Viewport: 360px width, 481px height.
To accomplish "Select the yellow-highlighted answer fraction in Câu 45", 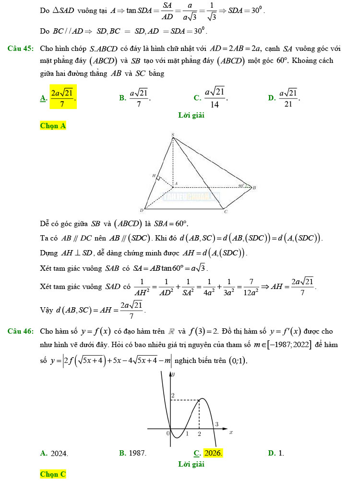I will pos(63,97).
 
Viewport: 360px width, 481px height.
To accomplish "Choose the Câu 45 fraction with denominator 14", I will pos(215,97).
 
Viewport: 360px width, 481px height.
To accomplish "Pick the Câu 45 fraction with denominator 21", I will pos(288,97).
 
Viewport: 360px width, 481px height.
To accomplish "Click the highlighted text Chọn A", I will pos(53,126).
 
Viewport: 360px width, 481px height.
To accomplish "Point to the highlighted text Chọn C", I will pos(53,474).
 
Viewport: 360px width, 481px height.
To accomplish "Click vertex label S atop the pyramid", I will pos(173,134).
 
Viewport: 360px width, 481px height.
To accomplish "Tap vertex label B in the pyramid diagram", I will pos(254,188).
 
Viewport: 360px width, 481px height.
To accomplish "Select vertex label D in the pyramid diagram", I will pos(142,210).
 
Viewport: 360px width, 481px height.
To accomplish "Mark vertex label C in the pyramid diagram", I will pos(226,211).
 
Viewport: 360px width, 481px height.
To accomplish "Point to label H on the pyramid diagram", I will pos(154,176).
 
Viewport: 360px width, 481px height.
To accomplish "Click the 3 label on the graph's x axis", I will pos(216,424).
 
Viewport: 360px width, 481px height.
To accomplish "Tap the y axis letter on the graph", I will pos(174,373).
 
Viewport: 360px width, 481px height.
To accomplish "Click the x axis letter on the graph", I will pos(231,432).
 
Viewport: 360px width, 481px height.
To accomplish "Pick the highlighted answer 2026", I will pos(213,453).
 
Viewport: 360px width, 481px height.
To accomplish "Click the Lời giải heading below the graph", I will pos(191,464).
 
